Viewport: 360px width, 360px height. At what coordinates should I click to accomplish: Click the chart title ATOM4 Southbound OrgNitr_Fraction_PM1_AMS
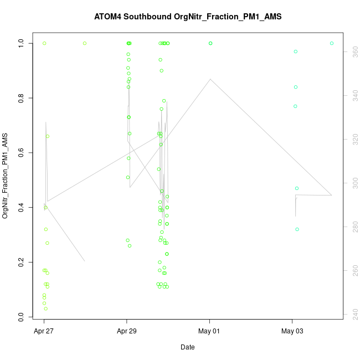pos(188,17)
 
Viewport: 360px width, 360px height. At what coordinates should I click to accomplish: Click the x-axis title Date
pos(187,347)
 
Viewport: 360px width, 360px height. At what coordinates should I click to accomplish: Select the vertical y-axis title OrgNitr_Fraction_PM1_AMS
pos(6,175)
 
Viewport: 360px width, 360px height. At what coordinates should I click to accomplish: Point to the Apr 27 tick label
pos(44,331)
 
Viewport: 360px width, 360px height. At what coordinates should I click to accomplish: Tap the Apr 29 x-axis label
pos(127,331)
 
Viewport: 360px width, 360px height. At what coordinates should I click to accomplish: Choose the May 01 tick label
pos(210,331)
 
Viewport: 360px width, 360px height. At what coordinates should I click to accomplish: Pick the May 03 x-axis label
pos(292,331)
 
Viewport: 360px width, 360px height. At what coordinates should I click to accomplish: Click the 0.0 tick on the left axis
pos(21,317)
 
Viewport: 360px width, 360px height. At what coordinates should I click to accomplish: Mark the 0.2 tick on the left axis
pos(21,262)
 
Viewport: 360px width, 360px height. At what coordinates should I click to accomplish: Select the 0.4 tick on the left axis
pos(21,207)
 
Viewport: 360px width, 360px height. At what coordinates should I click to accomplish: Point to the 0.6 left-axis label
pos(21,152)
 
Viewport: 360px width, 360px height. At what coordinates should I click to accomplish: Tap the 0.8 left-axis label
pos(21,98)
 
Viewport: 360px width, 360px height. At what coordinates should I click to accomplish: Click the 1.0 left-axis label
pos(21,43)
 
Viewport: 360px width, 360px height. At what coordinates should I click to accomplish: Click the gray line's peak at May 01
pos(210,79)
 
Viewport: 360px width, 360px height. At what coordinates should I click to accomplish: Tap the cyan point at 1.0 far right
pos(332,43)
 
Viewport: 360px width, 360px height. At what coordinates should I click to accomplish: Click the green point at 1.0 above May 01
pos(210,43)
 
